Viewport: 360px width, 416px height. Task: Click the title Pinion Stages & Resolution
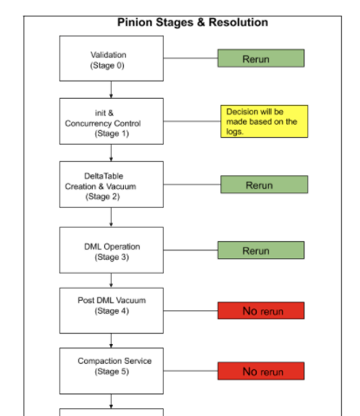point(193,23)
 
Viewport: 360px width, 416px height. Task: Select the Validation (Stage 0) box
point(111,58)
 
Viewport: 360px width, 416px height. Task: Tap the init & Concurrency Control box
point(111,121)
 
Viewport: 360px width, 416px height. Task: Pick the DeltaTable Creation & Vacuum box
point(111,185)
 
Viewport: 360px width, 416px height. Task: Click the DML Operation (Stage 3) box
point(111,250)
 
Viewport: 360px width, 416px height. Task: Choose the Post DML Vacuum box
point(111,310)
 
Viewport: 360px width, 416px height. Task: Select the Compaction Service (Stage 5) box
point(111,371)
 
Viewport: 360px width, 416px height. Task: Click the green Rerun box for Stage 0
point(261,58)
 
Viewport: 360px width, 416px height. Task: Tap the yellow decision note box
point(265,121)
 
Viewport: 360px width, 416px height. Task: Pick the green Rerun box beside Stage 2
point(265,185)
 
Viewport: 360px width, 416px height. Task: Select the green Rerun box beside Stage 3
point(261,250)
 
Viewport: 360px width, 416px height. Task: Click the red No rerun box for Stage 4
point(261,310)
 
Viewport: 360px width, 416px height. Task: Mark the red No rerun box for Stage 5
point(261,371)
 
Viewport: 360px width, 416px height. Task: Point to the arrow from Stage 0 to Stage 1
point(111,89)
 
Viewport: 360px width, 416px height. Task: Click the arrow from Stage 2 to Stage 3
point(111,218)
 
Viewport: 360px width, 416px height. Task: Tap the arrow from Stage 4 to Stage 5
point(111,341)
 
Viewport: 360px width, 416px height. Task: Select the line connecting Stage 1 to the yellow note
point(192,121)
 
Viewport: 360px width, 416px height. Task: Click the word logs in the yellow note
point(234,132)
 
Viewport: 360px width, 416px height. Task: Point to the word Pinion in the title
point(134,23)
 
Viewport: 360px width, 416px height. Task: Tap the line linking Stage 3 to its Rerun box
point(191,250)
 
